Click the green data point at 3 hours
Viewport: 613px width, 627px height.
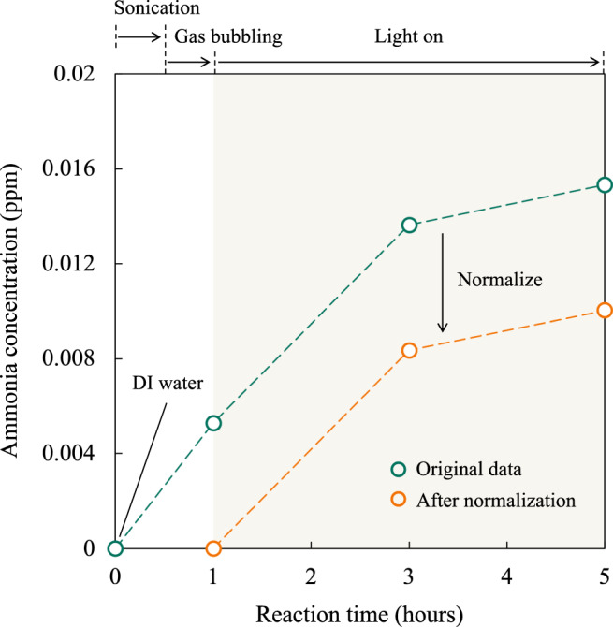coord(409,225)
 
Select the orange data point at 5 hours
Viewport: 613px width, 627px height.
coord(604,310)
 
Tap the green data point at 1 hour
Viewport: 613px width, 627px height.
coord(213,423)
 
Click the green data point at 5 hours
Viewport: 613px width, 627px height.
coord(604,185)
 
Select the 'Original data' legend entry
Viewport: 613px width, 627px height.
coord(470,468)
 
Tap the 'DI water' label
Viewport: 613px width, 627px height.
coord(158,382)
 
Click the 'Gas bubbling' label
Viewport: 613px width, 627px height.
coord(226,38)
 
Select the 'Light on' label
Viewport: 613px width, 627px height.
coord(409,38)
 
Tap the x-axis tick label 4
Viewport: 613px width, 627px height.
coord(506,574)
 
